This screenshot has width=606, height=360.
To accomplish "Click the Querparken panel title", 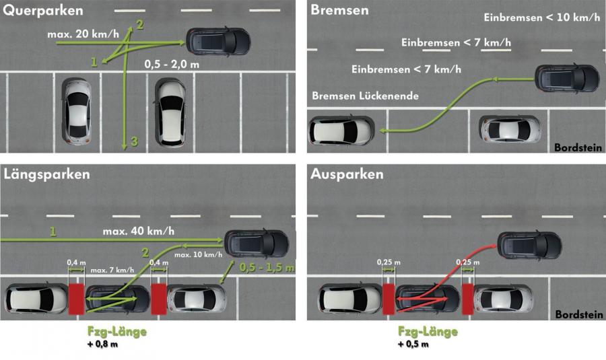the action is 43,10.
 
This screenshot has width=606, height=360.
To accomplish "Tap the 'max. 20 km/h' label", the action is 83,34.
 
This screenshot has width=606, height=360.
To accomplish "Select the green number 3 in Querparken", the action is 134,141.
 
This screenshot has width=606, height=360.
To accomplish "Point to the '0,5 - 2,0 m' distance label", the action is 172,64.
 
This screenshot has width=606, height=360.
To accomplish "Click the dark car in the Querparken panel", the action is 218,41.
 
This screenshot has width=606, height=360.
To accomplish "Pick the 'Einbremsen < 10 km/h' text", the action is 542,17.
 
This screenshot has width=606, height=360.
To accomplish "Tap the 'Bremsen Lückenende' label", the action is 365,96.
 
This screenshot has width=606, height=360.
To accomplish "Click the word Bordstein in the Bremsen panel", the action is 578,147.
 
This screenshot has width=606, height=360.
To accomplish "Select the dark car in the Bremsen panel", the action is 567,79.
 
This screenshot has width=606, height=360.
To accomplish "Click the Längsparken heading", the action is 46,174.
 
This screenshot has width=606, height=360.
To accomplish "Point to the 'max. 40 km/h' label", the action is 138,231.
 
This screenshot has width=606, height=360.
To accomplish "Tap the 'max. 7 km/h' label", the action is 112,270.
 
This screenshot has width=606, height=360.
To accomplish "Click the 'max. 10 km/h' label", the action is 198,254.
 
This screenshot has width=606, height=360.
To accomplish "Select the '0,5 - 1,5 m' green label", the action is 267,267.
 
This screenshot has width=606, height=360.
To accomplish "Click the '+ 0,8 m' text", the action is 102,344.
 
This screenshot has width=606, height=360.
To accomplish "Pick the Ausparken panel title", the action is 347,174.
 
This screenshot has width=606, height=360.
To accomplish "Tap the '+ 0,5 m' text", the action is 413,344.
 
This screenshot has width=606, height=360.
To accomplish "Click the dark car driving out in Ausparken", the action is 529,246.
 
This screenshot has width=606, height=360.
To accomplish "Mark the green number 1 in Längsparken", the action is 53,231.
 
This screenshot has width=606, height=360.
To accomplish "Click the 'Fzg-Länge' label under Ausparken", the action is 428,332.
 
